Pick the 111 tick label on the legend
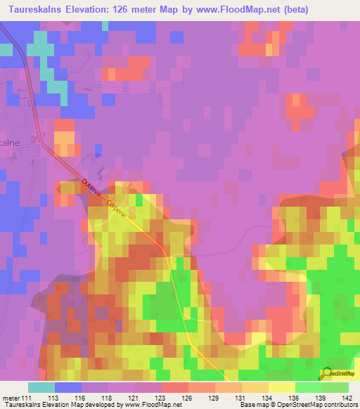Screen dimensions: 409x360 click(x=25, y=397)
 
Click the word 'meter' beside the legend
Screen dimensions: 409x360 click(x=10, y=397)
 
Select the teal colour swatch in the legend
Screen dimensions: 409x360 click(x=41, y=387)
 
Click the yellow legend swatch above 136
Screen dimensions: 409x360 click(x=282, y=387)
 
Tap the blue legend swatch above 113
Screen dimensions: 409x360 click(x=68, y=387)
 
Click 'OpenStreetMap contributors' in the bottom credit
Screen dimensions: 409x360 click(x=320, y=405)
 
